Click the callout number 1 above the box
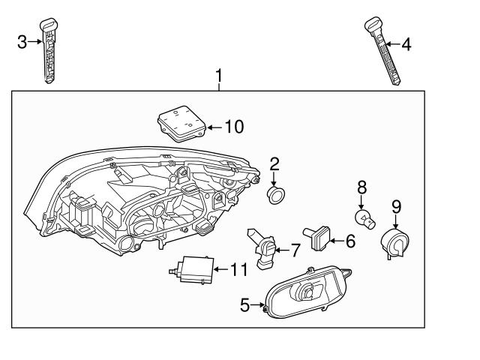click(x=219, y=76)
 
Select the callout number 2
click(x=274, y=163)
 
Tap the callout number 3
click(x=22, y=42)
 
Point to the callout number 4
click(x=406, y=44)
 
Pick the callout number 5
click(x=244, y=304)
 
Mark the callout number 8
click(x=361, y=185)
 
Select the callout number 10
click(x=234, y=127)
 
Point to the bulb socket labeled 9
click(x=395, y=241)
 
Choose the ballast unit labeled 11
click(x=193, y=269)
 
